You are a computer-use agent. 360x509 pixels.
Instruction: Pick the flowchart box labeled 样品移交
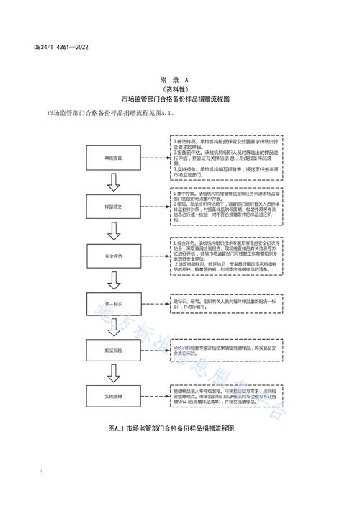pos(116,206)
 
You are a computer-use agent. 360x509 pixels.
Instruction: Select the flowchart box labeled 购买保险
pos(116,348)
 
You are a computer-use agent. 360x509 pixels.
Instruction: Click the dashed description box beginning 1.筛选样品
pos(225,157)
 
